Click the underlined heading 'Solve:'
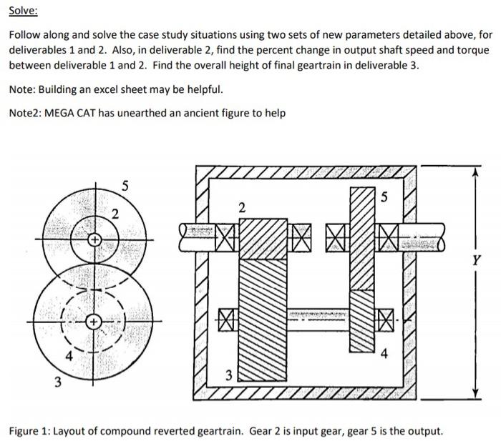pos(24,12)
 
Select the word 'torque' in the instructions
pos(472,51)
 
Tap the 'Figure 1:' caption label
pos(29,431)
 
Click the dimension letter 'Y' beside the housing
pos(474,262)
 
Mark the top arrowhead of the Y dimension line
pos(474,170)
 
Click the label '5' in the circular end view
pos(125,187)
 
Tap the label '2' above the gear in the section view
pos(241,208)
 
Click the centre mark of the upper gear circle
pos(93,241)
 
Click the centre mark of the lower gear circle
pos(93,324)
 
